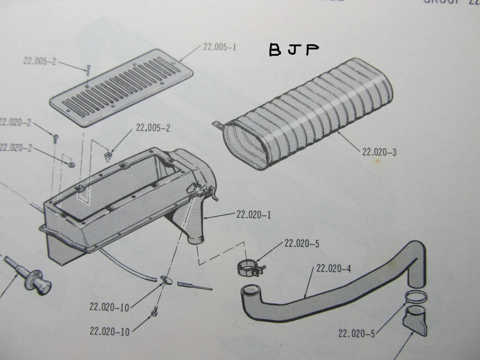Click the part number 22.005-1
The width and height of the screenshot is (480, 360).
(219, 47)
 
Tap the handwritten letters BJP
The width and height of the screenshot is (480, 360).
(293, 50)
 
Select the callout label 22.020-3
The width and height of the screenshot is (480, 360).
(379, 151)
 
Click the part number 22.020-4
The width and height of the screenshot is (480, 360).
(333, 269)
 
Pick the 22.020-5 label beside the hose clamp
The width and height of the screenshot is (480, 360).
(301, 244)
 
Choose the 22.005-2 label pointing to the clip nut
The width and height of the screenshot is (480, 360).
(153, 128)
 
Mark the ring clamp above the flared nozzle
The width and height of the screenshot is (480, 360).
(415, 296)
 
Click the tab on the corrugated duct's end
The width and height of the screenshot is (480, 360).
(217, 125)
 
